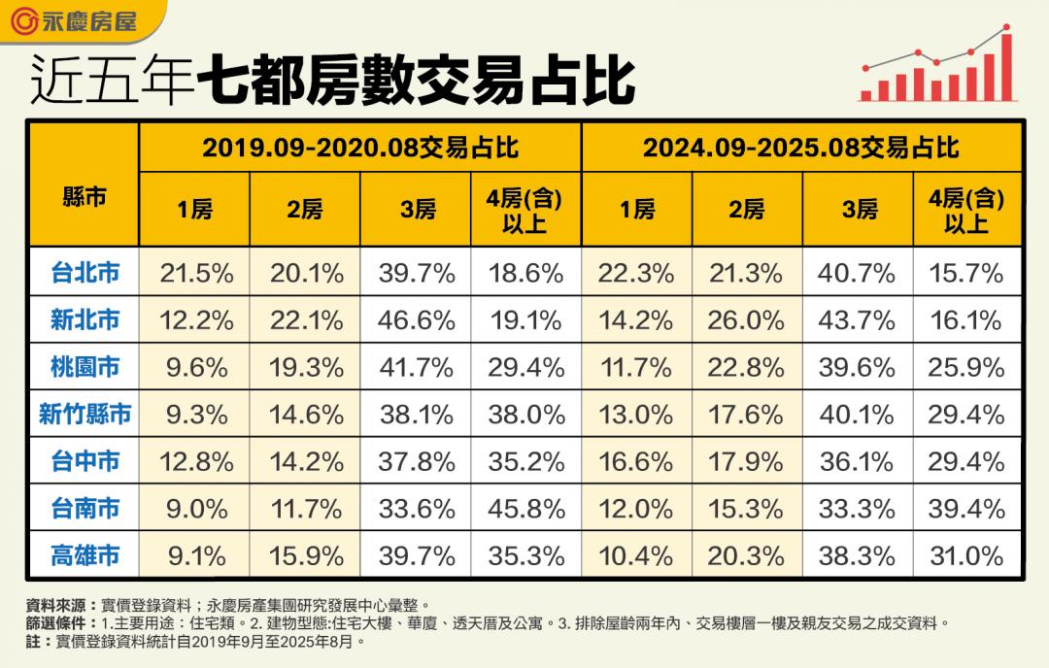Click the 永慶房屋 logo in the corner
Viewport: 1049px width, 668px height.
point(78,19)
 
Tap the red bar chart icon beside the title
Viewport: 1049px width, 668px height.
point(937,65)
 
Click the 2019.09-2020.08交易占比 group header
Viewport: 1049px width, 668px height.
point(360,148)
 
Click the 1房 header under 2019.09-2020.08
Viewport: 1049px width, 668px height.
point(195,210)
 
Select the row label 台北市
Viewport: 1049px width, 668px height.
point(85,273)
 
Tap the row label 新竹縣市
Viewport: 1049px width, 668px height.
point(85,415)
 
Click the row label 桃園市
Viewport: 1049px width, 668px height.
point(85,367)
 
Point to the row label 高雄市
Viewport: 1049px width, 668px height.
point(85,555)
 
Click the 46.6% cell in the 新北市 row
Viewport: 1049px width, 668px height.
point(417,320)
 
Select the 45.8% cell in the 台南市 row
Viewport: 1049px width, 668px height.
point(526,509)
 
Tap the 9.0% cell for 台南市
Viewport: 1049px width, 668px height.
point(195,509)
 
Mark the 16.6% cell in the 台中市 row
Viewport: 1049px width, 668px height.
point(636,461)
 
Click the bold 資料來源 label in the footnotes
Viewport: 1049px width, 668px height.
point(54,604)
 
